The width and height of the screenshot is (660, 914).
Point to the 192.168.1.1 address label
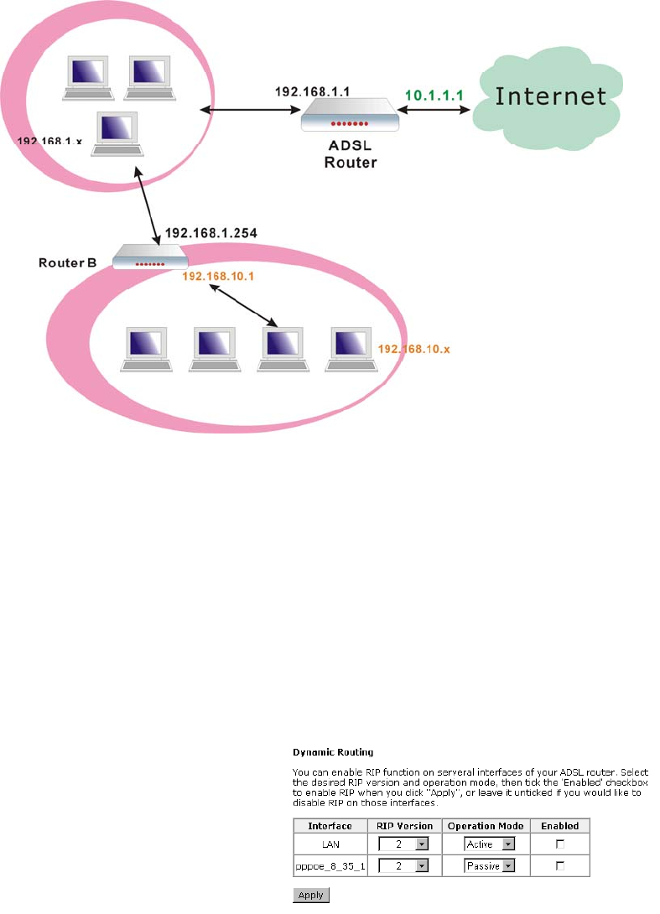click(309, 86)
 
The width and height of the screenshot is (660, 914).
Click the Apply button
click(310, 896)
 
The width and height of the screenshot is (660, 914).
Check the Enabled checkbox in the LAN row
click(560, 844)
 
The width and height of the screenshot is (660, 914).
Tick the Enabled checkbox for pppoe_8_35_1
click(560, 865)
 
